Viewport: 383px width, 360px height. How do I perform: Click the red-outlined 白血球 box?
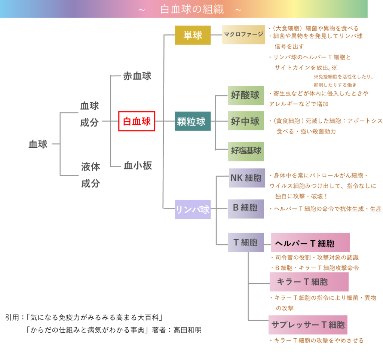coord(137,121)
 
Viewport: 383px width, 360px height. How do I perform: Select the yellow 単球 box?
coord(193,35)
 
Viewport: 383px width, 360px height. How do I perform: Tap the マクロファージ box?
coord(243,35)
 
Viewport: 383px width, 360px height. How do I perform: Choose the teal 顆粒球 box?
coord(193,121)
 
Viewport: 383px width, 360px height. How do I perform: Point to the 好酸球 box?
coord(246,95)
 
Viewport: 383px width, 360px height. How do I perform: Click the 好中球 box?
coord(246,121)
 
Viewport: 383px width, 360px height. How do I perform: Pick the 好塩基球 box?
coord(246,151)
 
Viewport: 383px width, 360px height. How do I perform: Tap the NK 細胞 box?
coord(246,178)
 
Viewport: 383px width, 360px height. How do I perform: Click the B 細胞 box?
coord(246,208)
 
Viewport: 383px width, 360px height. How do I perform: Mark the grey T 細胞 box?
coord(246,242)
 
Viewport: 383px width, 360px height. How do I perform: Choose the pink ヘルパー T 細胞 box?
coord(310,243)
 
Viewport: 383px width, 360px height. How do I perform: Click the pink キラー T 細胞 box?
coord(309,282)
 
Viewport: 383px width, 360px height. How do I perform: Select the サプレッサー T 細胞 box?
coord(308,324)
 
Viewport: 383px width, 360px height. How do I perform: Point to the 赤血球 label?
coord(137,76)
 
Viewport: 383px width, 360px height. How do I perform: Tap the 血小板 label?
coord(138,166)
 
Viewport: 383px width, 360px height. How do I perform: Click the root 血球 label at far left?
coord(38,144)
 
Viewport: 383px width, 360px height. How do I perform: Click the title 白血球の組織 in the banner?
coord(192,9)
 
